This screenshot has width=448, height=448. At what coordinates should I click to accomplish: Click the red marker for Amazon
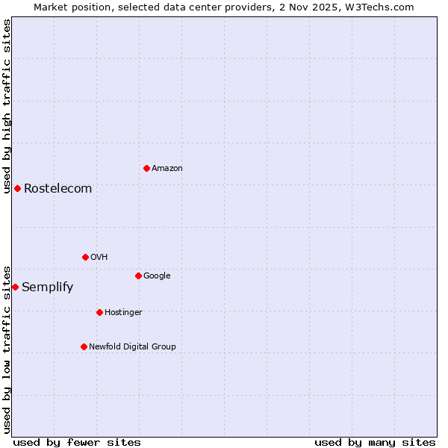[x=146, y=168]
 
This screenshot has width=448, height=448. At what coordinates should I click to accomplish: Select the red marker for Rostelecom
[x=17, y=188]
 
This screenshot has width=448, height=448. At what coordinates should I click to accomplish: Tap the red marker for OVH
[x=85, y=257]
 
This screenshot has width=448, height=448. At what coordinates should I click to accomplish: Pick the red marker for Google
[x=138, y=276]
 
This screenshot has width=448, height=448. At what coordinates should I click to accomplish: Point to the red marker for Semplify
[x=15, y=287]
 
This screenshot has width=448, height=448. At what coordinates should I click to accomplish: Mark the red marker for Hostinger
[x=99, y=312]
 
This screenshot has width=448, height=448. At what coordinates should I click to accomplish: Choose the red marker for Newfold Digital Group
[x=84, y=346]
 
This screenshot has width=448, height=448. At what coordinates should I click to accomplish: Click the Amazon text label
[x=167, y=169]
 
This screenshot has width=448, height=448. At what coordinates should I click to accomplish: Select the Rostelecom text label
[x=58, y=189]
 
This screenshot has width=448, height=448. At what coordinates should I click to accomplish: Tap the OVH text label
[x=99, y=258]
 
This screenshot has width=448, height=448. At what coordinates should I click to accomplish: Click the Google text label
[x=157, y=276]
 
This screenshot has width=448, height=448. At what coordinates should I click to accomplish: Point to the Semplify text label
[x=48, y=287]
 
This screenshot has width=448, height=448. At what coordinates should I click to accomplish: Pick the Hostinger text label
[x=123, y=313]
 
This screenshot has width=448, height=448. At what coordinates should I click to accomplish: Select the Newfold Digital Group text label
[x=132, y=347]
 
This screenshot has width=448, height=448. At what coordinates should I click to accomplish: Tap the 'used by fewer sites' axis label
[x=77, y=443]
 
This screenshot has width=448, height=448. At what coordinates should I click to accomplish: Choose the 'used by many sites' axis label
[x=375, y=443]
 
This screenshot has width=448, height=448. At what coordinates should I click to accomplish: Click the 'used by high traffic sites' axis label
[x=7, y=106]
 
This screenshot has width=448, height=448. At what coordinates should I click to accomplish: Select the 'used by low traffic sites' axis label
[x=7, y=349]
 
